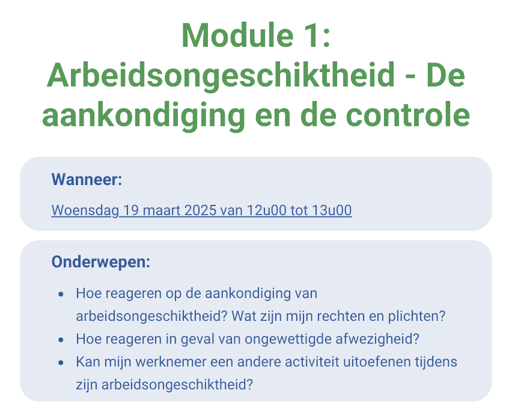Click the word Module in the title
coord(238,35)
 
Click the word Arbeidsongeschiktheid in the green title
coord(221,76)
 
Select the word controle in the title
coord(408,115)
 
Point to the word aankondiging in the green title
coord(144,117)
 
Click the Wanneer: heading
coord(87,179)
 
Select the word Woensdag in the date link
coord(85,210)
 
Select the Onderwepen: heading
coord(101,262)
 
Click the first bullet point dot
coord(61,294)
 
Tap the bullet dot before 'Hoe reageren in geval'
coord(61,339)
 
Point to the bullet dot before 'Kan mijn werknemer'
coord(61,362)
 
